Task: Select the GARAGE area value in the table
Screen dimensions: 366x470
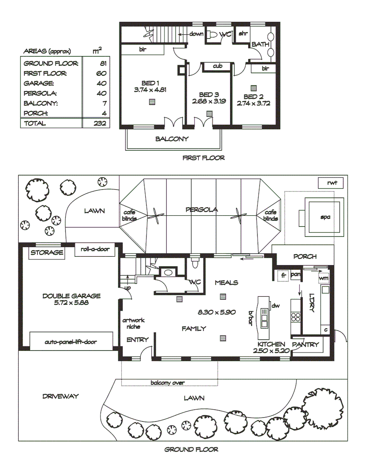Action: (x=101, y=83)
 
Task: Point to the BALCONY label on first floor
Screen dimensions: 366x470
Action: (x=172, y=139)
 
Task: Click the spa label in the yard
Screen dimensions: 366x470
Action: (x=325, y=216)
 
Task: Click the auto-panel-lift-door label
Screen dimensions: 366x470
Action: (x=71, y=342)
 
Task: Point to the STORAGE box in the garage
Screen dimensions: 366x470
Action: (x=47, y=252)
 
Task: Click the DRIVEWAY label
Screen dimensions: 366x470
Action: (x=60, y=396)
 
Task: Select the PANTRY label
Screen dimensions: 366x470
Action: (x=306, y=344)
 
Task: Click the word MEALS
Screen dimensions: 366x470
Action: (x=226, y=282)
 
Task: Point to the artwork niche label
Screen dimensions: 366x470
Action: (x=133, y=323)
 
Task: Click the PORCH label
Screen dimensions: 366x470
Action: (x=305, y=257)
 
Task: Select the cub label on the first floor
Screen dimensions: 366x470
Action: (x=218, y=66)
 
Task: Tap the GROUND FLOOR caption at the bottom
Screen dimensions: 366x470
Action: (x=191, y=450)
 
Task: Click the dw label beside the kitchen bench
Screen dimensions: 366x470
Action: (x=275, y=306)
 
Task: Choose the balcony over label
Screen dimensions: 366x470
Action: (x=168, y=383)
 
